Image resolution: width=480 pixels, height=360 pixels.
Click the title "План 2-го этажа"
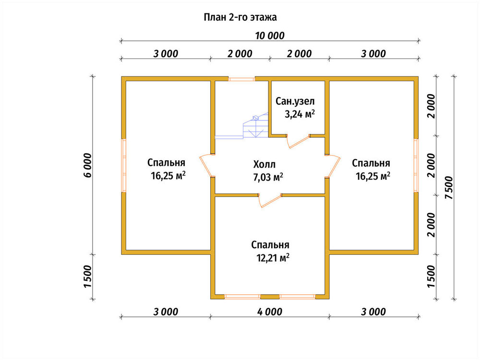(x=240, y=17)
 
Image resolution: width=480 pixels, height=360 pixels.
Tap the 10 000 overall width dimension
(x=270, y=36)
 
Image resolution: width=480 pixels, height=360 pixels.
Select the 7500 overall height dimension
(x=449, y=187)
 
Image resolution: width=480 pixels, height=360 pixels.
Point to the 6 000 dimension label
(x=87, y=165)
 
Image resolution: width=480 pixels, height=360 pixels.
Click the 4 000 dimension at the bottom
(x=270, y=312)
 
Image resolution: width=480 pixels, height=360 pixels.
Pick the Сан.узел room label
(x=295, y=101)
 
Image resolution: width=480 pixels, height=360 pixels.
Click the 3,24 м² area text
(x=300, y=114)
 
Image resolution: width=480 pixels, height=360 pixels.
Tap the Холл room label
(x=264, y=164)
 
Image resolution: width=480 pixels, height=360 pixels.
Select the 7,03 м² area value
(x=268, y=177)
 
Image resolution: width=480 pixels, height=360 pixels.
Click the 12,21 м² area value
(x=273, y=258)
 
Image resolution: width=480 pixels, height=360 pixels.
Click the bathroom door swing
(x=298, y=141)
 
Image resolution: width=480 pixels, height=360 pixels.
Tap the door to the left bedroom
(x=206, y=165)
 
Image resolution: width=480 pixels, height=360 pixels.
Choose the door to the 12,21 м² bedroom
(x=270, y=201)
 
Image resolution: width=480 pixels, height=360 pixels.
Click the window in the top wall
(x=241, y=79)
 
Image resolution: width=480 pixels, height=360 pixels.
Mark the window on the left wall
(x=124, y=165)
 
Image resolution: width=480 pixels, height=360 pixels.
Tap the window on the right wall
(x=416, y=165)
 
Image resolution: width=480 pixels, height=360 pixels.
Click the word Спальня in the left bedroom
(x=166, y=163)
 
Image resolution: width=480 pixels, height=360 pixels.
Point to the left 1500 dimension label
(x=87, y=276)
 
